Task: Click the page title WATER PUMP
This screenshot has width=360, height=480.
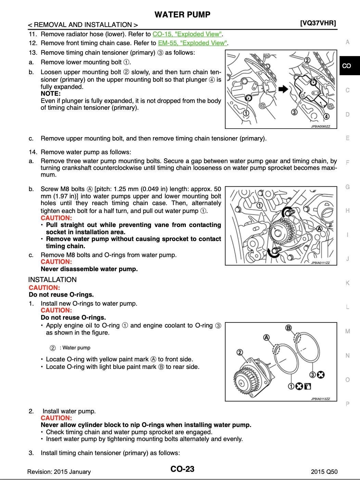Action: point(182,14)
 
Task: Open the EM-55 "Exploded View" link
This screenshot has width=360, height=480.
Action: point(192,43)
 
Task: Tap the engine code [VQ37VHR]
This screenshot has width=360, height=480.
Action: point(318,23)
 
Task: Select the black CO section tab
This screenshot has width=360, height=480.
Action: point(347,66)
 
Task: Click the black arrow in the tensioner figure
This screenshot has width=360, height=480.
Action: point(283,89)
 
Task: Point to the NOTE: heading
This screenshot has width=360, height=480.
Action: point(51,94)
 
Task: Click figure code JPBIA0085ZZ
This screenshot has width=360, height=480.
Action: point(320,126)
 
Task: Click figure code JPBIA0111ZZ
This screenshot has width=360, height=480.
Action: point(320,263)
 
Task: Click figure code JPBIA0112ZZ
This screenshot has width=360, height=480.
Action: point(320,399)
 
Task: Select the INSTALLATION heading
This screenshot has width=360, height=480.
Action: point(52,280)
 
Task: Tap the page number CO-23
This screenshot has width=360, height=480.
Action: point(182,469)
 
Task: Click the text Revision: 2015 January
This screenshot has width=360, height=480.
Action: point(59,472)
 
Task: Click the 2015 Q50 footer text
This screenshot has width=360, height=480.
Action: point(324,472)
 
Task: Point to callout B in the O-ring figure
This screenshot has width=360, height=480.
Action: point(288,328)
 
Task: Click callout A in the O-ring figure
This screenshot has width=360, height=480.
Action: point(266,338)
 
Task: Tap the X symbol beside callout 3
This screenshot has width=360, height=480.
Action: point(321,375)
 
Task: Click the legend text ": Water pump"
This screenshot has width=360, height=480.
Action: point(75,348)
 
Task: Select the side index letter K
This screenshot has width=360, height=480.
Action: point(347,283)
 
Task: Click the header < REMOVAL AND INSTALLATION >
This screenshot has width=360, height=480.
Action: point(83,25)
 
